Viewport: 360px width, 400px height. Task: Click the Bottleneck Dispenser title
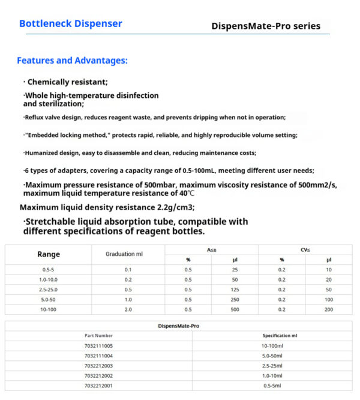pos(71,24)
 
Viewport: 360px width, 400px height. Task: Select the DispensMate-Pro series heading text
pos(266,26)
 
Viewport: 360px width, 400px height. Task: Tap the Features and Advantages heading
pos(72,61)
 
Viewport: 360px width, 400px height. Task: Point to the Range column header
pos(49,254)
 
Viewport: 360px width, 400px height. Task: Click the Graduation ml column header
pos(124,254)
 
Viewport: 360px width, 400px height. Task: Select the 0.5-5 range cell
pos(49,270)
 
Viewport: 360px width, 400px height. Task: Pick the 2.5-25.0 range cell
pos(49,289)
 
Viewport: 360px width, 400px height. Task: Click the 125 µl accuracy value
pos(235,289)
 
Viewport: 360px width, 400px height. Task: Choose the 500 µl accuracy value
pos(235,309)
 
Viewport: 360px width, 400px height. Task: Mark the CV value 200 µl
pos(329,309)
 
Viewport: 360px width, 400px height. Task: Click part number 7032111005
pos(98,346)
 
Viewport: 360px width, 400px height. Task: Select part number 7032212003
pos(98,365)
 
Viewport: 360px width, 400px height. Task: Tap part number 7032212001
pos(98,385)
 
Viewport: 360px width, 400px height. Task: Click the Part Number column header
pos(98,336)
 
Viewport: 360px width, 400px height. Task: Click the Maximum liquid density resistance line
pos(107,208)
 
